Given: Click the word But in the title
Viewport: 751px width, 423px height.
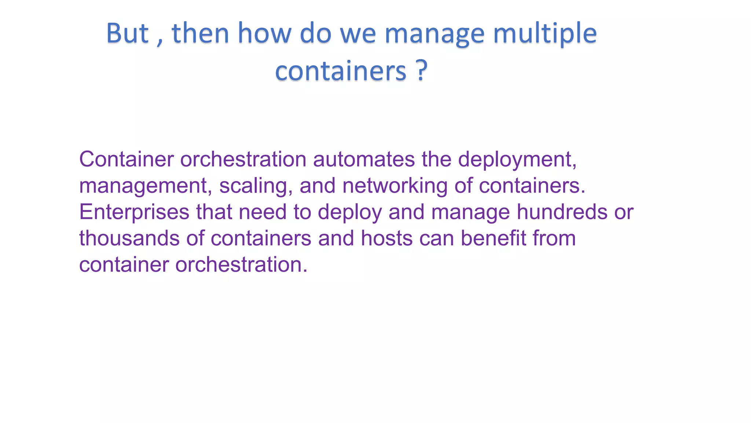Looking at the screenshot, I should point(127,33).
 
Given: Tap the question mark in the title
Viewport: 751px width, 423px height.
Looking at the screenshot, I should point(422,70).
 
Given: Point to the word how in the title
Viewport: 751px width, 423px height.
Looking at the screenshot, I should point(264,33).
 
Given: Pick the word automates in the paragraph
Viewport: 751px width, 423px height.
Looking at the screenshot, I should point(364,159).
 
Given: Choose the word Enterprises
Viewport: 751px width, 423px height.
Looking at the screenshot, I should point(134,213).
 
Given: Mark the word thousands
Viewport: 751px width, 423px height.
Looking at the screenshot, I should point(129,238).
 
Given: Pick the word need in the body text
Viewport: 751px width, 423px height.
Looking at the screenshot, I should point(263,212).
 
